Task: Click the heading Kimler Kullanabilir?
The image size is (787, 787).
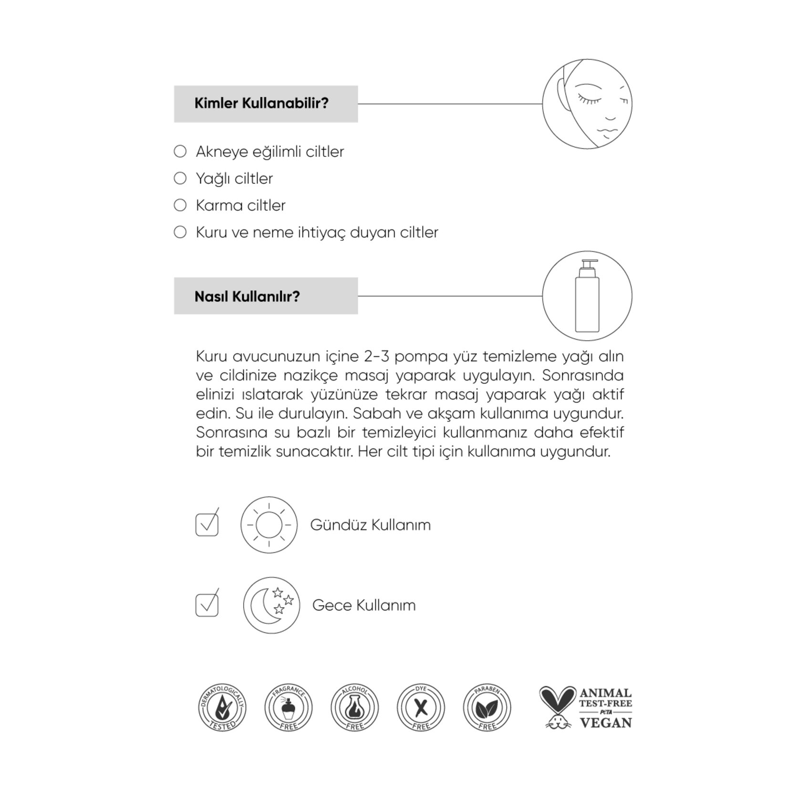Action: tap(261, 104)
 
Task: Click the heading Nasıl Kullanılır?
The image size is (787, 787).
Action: tap(247, 296)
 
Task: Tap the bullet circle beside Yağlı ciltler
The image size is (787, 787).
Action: tap(180, 178)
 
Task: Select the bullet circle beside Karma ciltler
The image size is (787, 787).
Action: tap(180, 205)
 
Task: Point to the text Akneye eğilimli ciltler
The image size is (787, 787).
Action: tap(269, 152)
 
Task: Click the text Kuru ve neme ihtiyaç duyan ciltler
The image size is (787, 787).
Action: tap(317, 232)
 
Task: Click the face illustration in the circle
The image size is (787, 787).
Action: tap(587, 104)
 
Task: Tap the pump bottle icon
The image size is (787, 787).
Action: tap(587, 296)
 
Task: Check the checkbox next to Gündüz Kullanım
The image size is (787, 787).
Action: tap(207, 524)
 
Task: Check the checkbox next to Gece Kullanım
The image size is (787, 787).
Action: tap(207, 605)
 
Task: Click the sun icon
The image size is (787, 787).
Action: tap(269, 525)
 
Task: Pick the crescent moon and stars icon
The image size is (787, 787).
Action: tap(271, 605)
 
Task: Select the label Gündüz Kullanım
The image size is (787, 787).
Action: tap(370, 525)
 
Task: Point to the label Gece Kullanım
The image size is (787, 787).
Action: tap(364, 605)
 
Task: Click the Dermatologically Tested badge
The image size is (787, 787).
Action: tap(222, 708)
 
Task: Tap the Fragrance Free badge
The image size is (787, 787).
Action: tap(289, 708)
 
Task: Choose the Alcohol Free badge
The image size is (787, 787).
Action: tap(355, 708)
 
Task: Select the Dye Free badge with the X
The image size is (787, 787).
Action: tap(421, 708)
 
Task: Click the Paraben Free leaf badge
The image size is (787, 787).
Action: tap(487, 708)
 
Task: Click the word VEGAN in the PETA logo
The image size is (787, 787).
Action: tap(606, 723)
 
